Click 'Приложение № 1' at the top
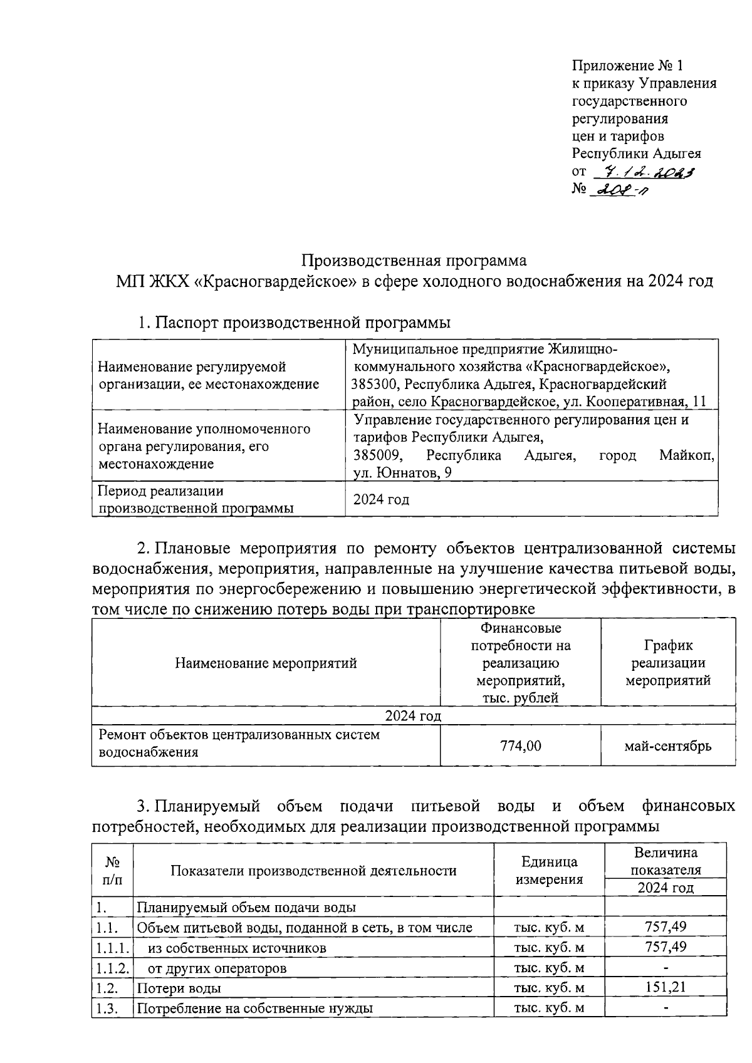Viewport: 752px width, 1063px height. pyautogui.click(x=626, y=66)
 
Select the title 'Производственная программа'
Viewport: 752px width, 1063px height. pyautogui.click(x=414, y=260)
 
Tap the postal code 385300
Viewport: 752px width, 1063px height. pyautogui.click(x=373, y=384)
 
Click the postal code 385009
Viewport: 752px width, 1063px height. pyautogui.click(x=373, y=455)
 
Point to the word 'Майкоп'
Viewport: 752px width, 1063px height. pyautogui.click(x=686, y=455)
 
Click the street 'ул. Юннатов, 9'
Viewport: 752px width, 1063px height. pyautogui.click(x=402, y=473)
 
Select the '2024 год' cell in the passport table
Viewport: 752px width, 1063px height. pyautogui.click(x=381, y=499)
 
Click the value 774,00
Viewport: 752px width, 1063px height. pyautogui.click(x=520, y=745)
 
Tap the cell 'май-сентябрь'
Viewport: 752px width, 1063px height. pyautogui.click(x=667, y=745)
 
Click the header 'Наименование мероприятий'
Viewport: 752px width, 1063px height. pyautogui.click(x=266, y=663)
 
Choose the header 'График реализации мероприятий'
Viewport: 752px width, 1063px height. pyautogui.click(x=668, y=663)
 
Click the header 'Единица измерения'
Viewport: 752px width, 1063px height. pyautogui.click(x=548, y=871)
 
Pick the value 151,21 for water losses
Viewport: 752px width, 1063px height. pyautogui.click(x=666, y=987)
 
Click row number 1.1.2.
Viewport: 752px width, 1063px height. pyautogui.click(x=112, y=968)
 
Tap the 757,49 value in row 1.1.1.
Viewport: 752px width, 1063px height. pyautogui.click(x=666, y=946)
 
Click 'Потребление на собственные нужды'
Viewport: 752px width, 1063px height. pyautogui.click(x=254, y=1009)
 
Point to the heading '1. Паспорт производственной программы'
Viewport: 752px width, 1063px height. pyautogui.click(x=295, y=323)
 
